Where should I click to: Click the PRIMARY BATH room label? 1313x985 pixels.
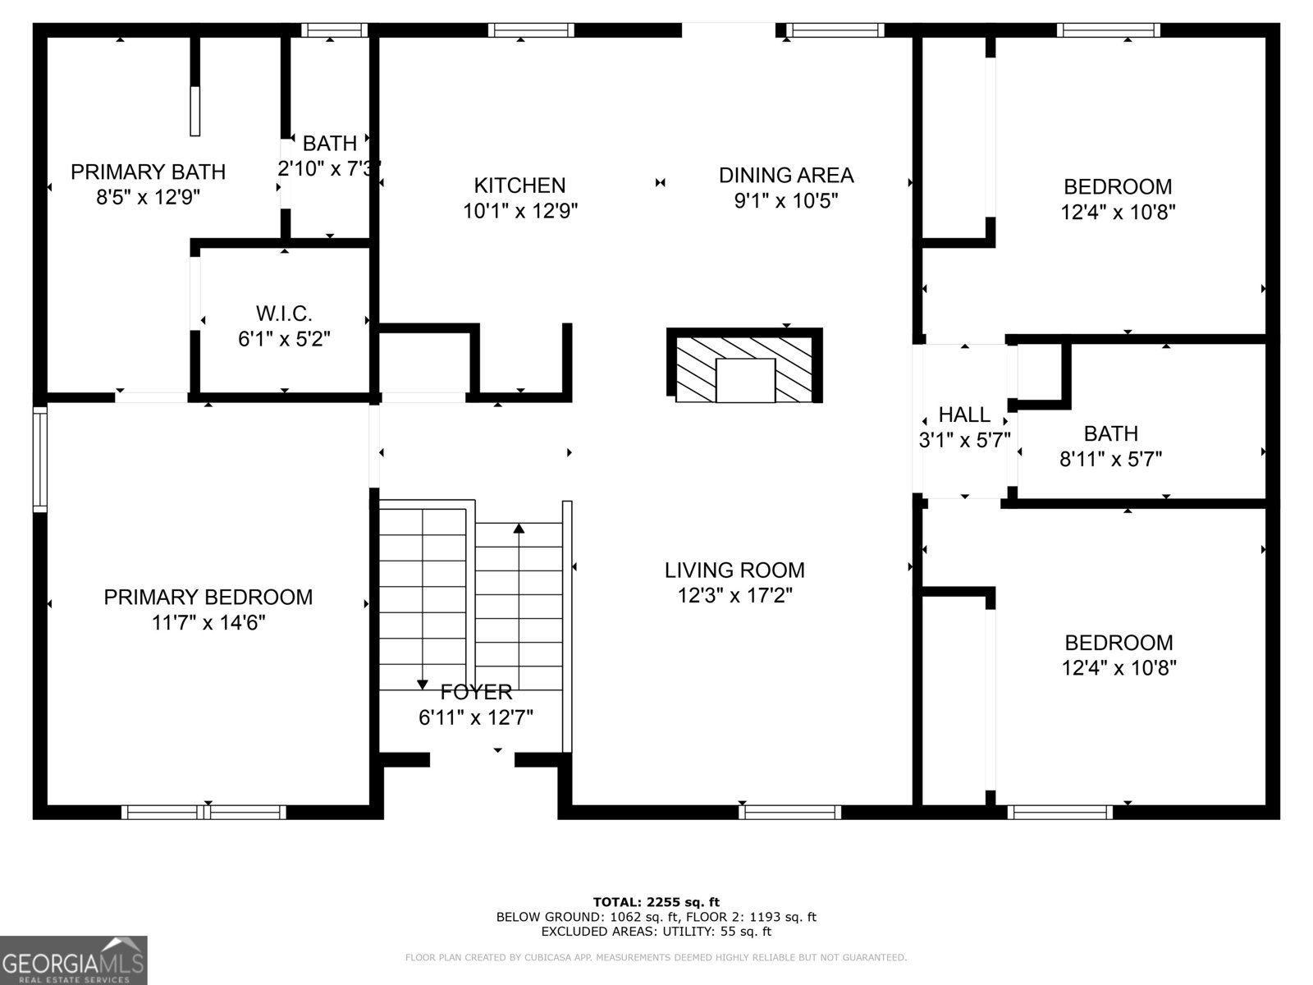click(148, 172)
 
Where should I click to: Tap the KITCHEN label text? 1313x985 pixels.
click(519, 185)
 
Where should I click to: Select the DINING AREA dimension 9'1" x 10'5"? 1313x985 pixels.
click(785, 200)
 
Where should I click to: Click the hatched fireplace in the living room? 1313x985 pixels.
click(744, 367)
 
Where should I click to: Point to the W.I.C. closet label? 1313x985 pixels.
click(284, 313)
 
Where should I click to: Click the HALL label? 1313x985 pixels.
click(964, 415)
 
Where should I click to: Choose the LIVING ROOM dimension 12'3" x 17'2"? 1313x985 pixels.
click(734, 595)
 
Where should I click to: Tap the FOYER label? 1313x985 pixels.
click(476, 692)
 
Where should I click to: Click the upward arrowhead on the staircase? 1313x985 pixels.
click(519, 528)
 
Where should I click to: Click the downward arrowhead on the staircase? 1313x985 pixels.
click(423, 684)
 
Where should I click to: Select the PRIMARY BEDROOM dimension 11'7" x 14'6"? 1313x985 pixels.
click(208, 623)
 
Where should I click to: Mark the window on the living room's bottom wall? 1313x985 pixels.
click(789, 812)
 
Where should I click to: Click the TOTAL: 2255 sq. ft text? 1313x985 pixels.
click(656, 902)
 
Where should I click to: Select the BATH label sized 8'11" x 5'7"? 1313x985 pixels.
click(1110, 433)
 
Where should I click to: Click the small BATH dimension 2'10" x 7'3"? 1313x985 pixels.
click(329, 168)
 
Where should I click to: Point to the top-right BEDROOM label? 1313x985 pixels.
click(1118, 186)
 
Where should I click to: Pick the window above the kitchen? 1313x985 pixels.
click(530, 30)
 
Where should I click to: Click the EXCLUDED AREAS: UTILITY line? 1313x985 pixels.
click(656, 932)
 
